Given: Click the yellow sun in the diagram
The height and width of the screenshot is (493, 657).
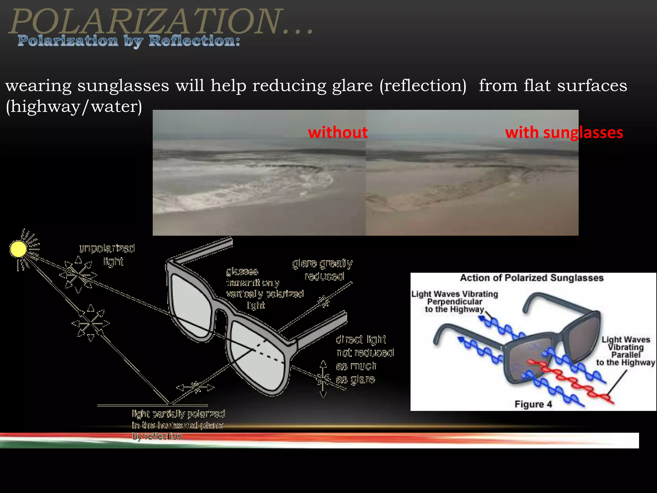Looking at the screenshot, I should tap(18, 249).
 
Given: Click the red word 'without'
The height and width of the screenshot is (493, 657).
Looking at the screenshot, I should tap(337, 133).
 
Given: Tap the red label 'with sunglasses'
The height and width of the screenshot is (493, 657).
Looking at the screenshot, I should tap(564, 133).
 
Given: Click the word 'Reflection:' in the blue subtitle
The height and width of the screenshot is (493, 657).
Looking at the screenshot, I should tap(194, 41).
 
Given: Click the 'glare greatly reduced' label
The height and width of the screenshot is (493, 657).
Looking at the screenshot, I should tap(323, 270).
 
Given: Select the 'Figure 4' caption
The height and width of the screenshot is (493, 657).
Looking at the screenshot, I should tap(533, 404).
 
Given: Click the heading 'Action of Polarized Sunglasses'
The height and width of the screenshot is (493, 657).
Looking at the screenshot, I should tap(532, 278).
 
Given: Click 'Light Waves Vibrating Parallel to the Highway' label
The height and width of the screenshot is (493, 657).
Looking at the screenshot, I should tap(625, 351).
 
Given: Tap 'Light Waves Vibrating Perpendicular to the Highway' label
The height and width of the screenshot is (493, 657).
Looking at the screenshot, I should tap(455, 301).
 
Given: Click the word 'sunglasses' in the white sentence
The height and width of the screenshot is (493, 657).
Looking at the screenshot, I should tap(123, 86).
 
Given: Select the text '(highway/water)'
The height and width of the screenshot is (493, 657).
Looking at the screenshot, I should tap(74, 107).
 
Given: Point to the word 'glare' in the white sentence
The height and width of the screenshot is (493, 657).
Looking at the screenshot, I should tap(352, 86).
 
